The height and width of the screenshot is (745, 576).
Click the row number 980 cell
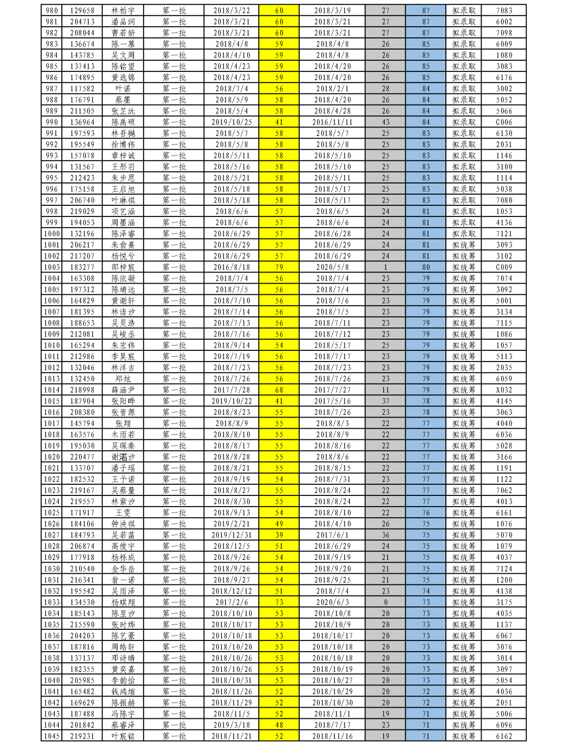coord(52,11)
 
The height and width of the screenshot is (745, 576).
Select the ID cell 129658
coord(82,11)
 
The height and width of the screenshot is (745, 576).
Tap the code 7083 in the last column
coord(503,11)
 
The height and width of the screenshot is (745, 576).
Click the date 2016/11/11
coord(332,122)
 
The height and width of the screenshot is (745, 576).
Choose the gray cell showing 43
coord(386,122)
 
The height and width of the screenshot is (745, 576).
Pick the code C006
coord(503,122)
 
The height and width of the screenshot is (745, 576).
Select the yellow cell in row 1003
coord(279,267)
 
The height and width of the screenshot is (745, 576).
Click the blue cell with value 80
coord(426,267)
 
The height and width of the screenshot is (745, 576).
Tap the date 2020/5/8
coord(332,267)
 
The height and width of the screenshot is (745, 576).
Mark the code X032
coord(503,390)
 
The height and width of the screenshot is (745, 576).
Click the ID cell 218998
coord(82,390)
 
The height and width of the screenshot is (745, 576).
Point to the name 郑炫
coord(123,379)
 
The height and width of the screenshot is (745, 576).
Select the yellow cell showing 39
coord(279,535)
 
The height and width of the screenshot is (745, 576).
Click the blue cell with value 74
coord(426,591)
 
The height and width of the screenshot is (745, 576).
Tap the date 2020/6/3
coord(332,602)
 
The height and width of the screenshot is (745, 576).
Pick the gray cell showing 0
coord(386,602)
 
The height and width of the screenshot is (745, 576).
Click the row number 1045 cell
coord(52,736)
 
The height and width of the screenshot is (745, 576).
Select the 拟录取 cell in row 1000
coord(464,234)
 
